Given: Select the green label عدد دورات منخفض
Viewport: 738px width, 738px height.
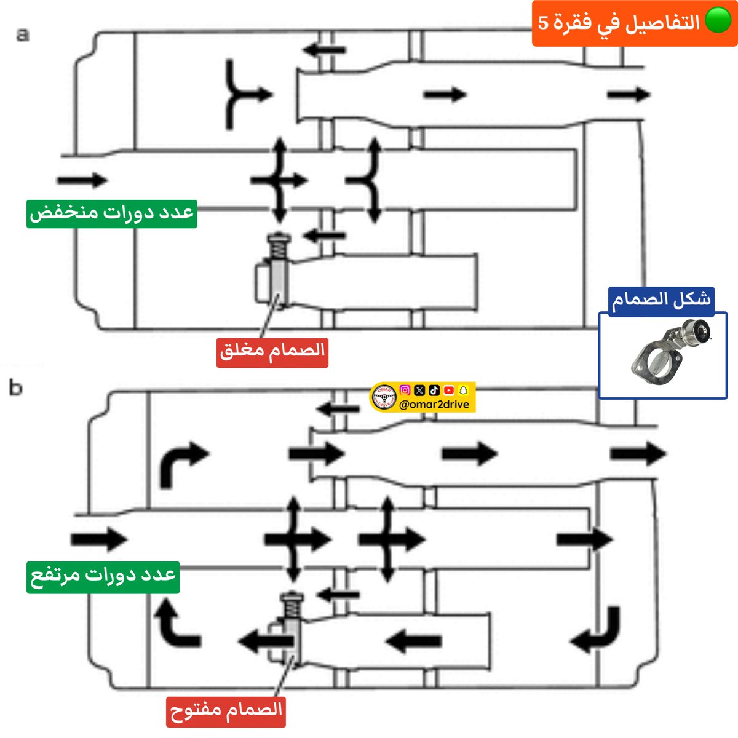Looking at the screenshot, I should coord(111,213).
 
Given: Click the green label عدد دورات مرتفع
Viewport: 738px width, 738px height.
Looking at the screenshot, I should coord(103,577).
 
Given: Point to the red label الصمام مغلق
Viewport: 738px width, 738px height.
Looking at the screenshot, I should coord(272,352).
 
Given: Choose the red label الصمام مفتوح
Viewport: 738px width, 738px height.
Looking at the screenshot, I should coord(226,712).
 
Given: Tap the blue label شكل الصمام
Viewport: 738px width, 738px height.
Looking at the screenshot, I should coord(661,301).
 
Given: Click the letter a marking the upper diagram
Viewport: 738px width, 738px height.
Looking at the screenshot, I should coord(23,34).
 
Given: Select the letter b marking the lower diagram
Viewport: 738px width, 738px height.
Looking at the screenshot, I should coord(16,388).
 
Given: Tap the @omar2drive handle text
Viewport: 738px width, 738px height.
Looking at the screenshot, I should coord(434,404).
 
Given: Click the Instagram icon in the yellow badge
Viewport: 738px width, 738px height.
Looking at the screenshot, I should coord(405,390).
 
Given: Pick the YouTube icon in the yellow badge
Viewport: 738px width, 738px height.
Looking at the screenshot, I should coord(449,390).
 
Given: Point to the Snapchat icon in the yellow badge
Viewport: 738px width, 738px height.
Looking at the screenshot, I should coord(464,390).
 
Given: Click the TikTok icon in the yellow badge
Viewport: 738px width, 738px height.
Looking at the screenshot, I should coord(434,390).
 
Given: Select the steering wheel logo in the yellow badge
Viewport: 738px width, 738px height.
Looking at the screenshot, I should coord(384,398).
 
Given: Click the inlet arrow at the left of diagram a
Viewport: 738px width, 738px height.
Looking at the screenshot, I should coord(82,180).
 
